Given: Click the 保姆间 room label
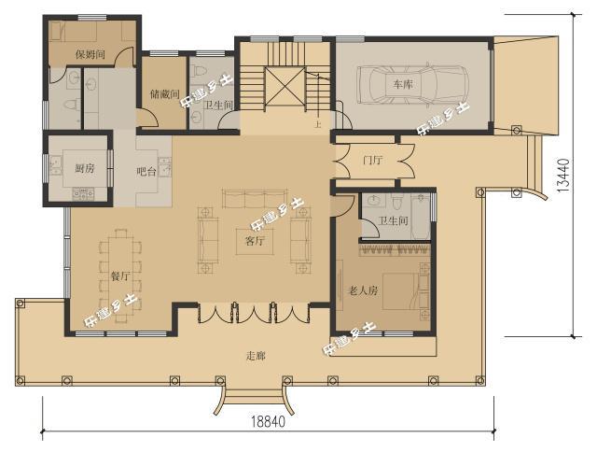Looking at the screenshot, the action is coord(90,54).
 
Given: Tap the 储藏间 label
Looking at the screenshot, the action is coord(165,93).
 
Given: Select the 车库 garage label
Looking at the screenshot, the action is coord(403,84).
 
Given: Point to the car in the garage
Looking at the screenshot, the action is coord(413,85).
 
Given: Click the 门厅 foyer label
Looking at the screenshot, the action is coord(373,160).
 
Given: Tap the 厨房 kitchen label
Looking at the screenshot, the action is coord(85,168).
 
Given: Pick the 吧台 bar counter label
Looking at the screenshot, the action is coord(146,172).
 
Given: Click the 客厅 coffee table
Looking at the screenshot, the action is coord(255,241).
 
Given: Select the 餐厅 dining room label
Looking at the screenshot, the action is coord(120,275).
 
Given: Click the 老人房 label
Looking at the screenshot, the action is coord(363,291).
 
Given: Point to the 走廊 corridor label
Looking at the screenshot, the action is coord(256,356).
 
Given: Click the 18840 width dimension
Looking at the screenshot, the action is coord(268,421).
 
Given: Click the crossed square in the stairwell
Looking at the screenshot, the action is coord(285,86).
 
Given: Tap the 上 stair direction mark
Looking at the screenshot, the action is coord(317,124).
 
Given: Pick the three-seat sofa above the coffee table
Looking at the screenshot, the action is coord(255,198).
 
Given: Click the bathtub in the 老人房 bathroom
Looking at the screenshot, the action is coord(421,216).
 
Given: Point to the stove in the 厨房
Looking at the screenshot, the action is coord(83,194).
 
